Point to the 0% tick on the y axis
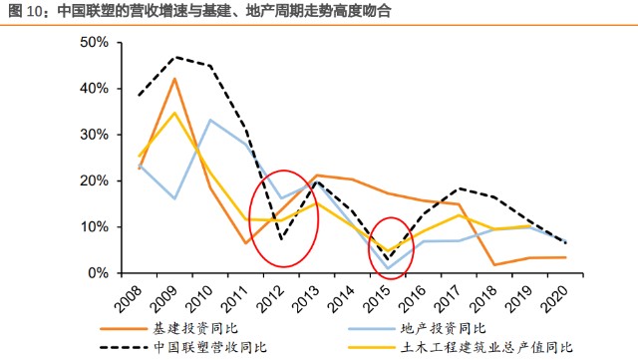click(x=97, y=272)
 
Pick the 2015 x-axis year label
click(x=382, y=295)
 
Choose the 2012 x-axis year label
click(x=275, y=295)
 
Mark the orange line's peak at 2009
click(x=175, y=79)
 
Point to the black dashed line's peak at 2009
click(x=175, y=57)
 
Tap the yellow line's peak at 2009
click(x=175, y=112)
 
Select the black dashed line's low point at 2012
click(x=282, y=239)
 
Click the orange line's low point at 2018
click(x=495, y=264)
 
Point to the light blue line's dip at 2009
click(x=175, y=198)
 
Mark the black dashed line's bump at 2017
click(x=460, y=188)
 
